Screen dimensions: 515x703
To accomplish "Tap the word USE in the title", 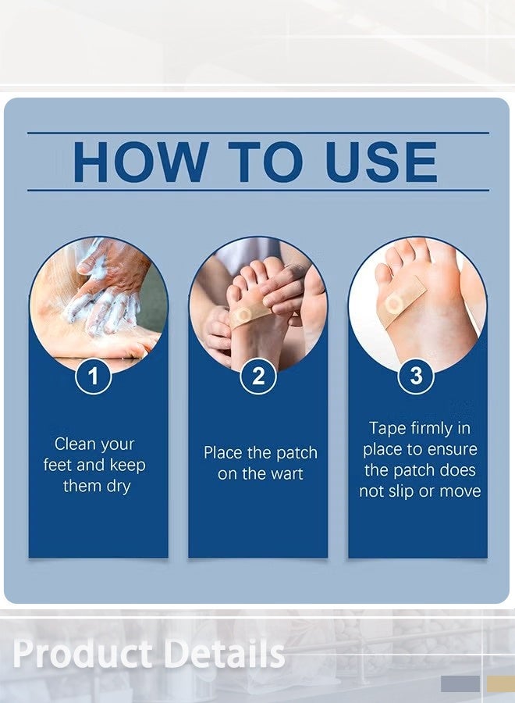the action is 381,162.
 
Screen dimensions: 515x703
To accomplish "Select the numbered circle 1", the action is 93,376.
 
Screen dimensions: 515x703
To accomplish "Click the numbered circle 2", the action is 258,376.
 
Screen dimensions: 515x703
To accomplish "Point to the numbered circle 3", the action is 416,376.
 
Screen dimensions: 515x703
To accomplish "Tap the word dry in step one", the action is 119,487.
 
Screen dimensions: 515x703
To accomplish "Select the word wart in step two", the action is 285,474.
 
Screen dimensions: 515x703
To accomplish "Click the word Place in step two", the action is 222,453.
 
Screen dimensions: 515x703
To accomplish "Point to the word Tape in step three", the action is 387,429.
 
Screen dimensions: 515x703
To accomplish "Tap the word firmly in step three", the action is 432,429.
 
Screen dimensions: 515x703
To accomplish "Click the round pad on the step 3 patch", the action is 393,305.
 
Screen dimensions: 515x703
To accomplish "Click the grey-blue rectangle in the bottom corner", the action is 460,683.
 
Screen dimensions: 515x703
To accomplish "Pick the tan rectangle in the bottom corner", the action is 501,683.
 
